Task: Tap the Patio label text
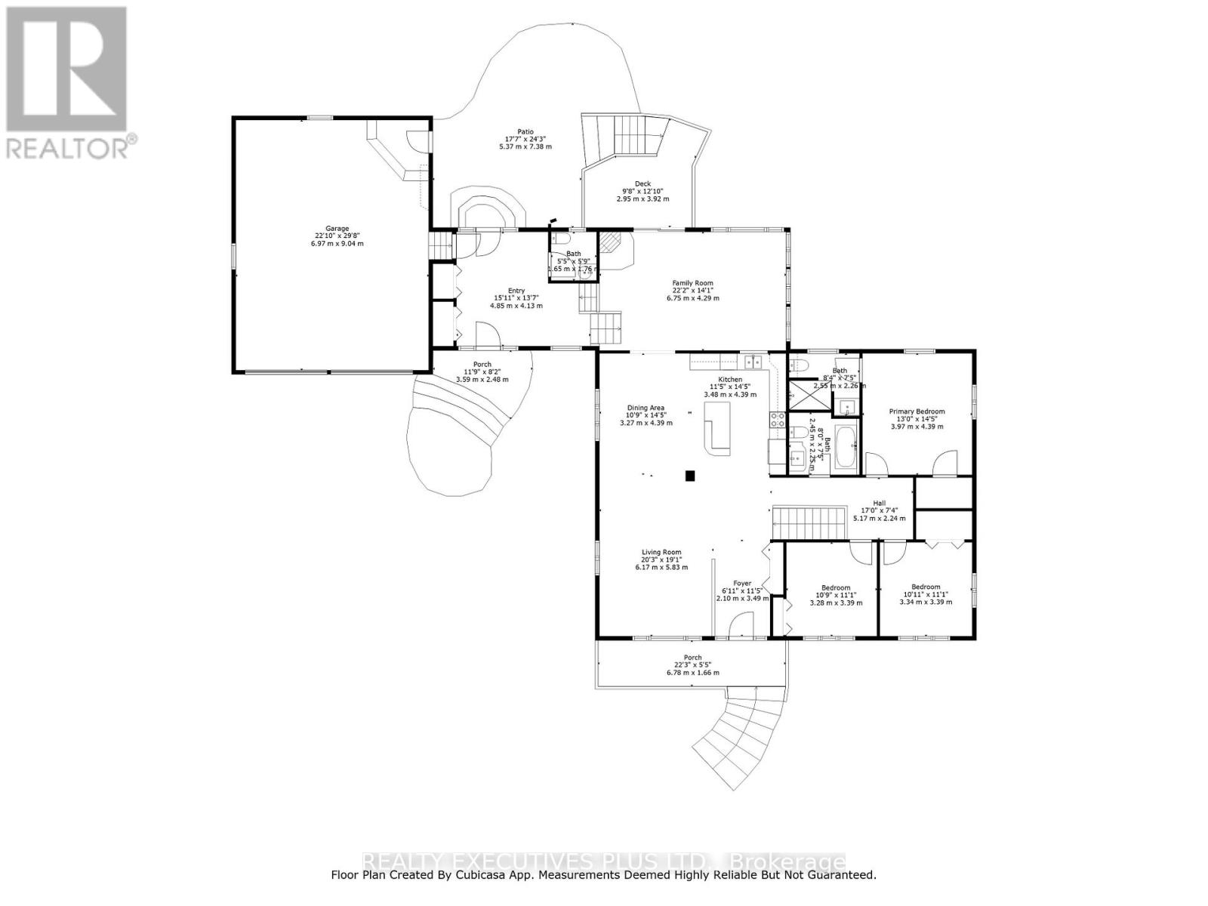click(525, 132)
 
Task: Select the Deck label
click(643, 183)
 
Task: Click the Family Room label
click(692, 283)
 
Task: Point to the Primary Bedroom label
click(916, 411)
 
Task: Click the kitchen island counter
click(716, 426)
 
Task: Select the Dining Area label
click(646, 408)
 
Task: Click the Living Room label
click(661, 552)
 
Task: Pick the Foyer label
click(741, 583)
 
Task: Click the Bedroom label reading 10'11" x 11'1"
click(926, 587)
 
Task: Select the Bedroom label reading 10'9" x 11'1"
click(836, 587)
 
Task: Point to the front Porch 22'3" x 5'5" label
click(692, 658)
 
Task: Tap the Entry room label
click(516, 291)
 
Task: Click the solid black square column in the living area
click(689, 475)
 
